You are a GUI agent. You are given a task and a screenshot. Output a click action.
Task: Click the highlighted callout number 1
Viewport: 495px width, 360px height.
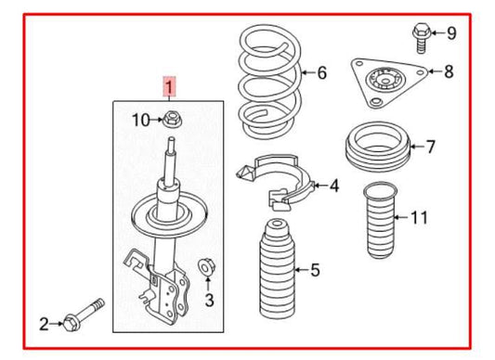168,89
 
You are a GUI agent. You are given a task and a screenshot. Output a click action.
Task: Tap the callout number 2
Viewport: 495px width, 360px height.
44,323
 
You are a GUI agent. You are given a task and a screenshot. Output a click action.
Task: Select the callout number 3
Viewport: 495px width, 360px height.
209,300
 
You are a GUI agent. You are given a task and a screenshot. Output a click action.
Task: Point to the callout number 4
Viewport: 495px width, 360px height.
333,186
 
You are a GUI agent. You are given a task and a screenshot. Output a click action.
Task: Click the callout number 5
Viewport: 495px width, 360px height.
314,270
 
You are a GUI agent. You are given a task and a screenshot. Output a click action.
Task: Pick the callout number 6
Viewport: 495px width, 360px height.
321,72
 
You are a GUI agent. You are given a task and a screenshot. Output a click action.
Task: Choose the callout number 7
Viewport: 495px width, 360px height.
429,146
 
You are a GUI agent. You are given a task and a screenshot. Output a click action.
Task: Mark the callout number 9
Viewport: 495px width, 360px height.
451,33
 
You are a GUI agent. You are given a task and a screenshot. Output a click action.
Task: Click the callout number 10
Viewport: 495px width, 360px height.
139,119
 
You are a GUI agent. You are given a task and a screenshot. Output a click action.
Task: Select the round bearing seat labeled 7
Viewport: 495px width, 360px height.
376,147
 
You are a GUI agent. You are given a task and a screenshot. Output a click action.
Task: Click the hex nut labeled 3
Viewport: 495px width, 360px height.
207,269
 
